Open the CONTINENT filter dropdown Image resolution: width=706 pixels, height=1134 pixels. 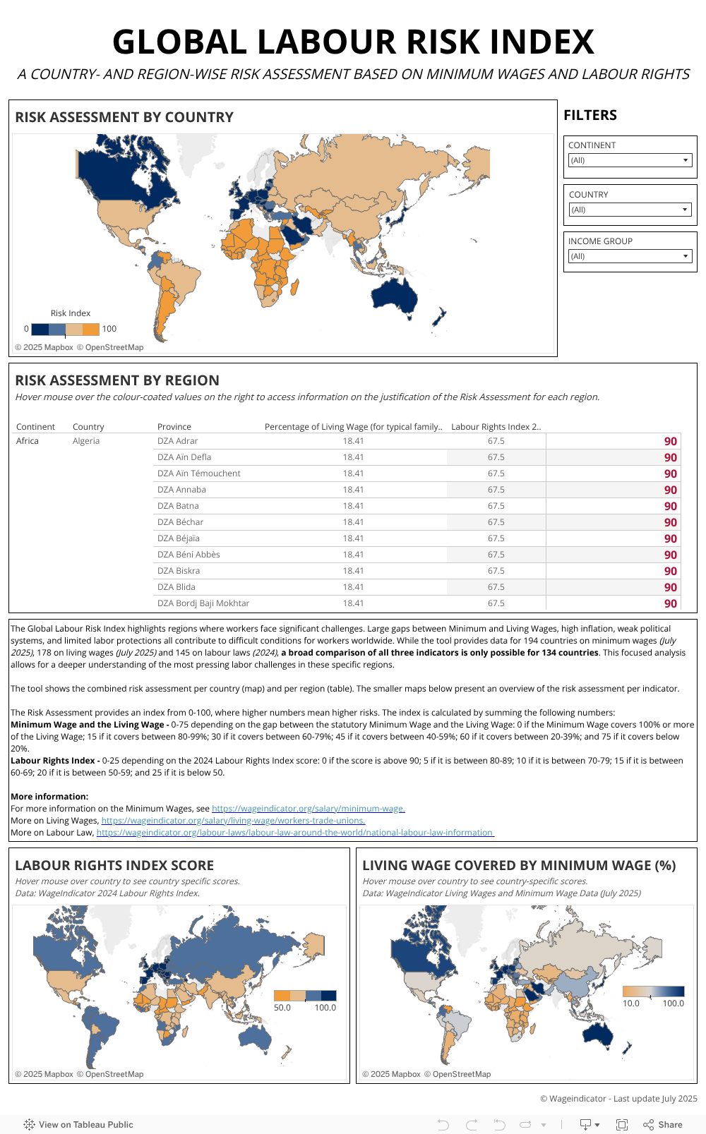coord(629,160)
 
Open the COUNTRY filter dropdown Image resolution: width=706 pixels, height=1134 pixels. coord(629,210)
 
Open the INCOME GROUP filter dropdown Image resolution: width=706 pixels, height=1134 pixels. coord(629,256)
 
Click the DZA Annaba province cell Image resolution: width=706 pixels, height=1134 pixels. coord(181,490)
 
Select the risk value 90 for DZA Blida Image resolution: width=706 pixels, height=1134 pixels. coord(670,587)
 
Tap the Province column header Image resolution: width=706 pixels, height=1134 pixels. coord(174,427)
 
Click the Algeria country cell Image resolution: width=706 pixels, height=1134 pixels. coord(86,441)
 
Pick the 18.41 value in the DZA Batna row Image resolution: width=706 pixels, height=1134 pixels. coord(353,506)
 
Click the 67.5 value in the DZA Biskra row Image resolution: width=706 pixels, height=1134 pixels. coord(496,571)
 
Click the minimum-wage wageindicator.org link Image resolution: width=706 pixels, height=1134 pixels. coord(308,809)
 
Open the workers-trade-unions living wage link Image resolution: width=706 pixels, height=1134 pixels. coord(233,821)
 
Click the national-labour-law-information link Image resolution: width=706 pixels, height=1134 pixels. coord(295,833)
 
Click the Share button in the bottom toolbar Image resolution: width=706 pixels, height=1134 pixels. coord(663,1125)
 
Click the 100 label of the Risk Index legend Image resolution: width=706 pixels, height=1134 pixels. coord(109,329)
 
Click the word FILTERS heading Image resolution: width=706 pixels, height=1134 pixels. coord(590,115)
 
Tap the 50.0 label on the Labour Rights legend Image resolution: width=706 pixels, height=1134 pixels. coord(282,1008)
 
